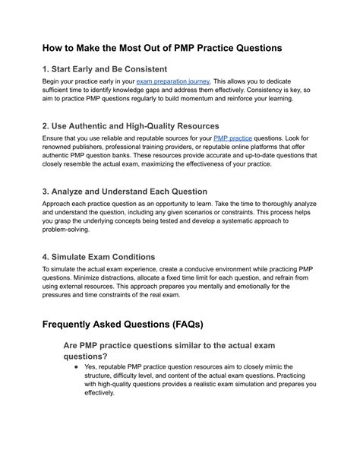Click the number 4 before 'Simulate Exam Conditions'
pos(45,258)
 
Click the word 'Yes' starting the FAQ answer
pos(93,366)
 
